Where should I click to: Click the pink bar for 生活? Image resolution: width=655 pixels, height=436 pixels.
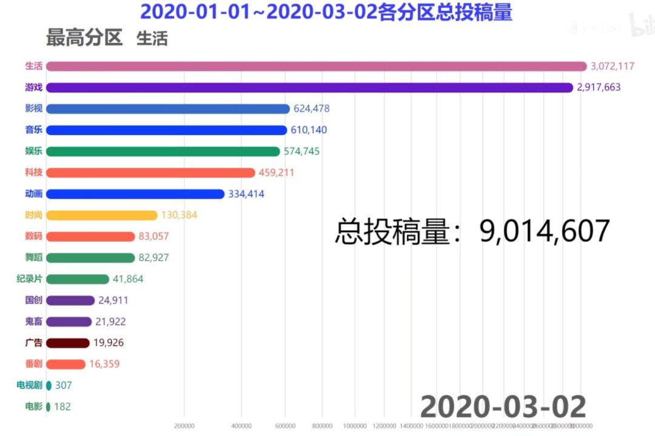(316, 67)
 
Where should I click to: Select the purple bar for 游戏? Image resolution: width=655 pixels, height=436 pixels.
(309, 88)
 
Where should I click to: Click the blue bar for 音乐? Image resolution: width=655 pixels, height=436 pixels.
(166, 130)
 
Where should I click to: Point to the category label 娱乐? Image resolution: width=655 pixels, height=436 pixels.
(34, 151)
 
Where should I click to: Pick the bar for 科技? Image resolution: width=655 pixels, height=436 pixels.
(150, 173)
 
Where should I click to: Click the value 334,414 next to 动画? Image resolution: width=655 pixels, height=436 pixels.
(246, 194)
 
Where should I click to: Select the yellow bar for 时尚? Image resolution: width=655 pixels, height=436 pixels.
(101, 215)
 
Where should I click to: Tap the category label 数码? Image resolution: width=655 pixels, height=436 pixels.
(34, 236)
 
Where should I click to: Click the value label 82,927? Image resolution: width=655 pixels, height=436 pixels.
(153, 258)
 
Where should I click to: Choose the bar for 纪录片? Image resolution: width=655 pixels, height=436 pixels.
(78, 279)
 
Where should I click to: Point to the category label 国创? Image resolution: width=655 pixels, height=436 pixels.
(34, 300)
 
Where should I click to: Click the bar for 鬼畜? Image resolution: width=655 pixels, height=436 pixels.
(69, 322)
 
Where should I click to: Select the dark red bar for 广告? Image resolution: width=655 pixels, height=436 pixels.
(68, 343)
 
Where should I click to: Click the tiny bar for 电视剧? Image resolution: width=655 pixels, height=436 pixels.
(49, 385)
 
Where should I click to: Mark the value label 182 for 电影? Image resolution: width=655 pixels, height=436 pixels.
(62, 407)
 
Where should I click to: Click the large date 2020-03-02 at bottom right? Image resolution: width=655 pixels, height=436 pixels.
(503, 407)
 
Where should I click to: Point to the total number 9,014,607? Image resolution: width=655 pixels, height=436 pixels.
(544, 232)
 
